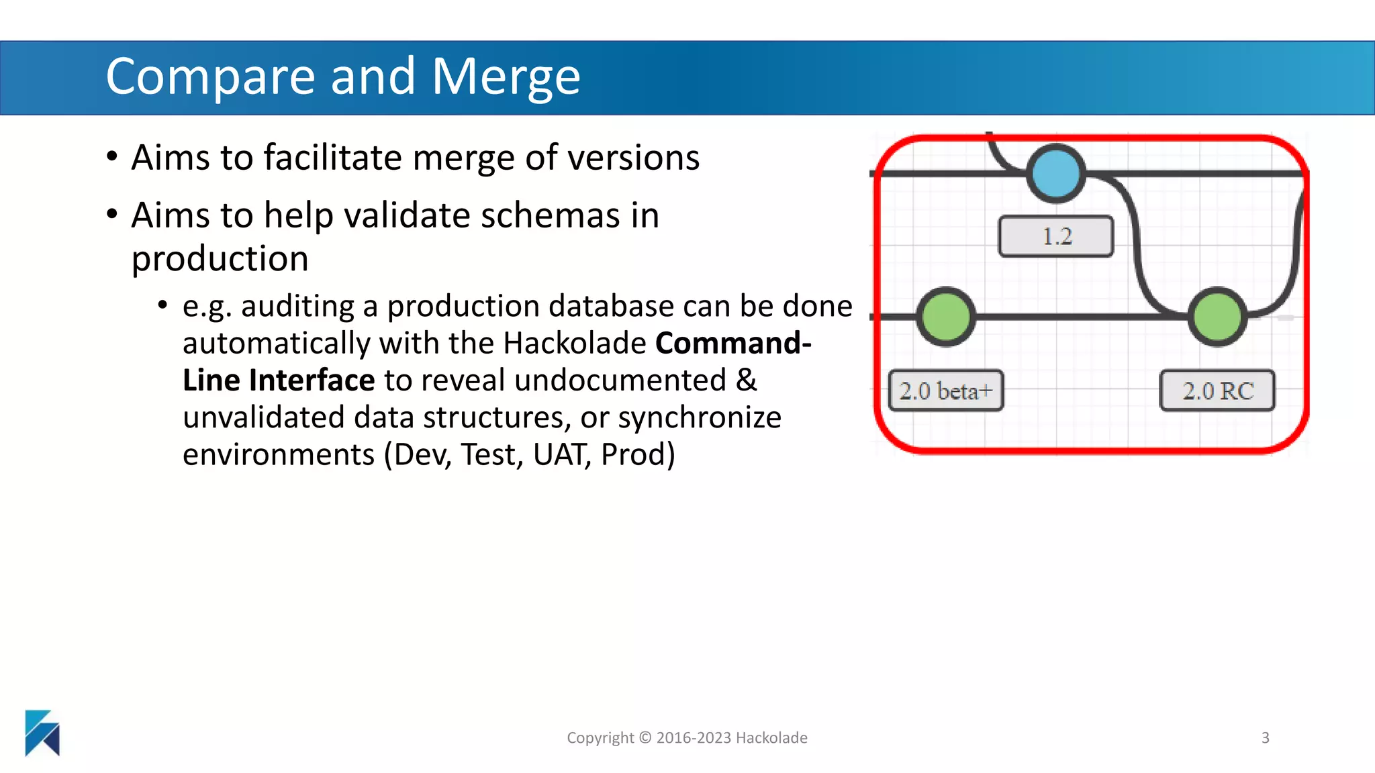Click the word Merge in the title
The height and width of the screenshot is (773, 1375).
point(506,77)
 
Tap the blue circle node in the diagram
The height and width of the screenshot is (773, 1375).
point(1056,173)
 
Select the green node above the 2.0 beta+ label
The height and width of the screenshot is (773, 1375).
point(946,317)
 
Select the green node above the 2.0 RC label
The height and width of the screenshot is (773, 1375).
point(1217,317)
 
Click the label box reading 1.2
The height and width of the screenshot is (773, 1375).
point(1056,236)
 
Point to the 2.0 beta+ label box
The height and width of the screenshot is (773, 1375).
point(946,391)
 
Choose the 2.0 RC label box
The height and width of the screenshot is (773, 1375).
point(1217,391)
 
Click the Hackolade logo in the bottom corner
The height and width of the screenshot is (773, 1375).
point(42,733)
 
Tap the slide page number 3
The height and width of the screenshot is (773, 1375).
point(1265,738)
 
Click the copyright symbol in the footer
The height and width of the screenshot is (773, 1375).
point(645,738)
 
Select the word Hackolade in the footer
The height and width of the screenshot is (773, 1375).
point(771,738)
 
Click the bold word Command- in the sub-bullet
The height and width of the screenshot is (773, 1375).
point(733,344)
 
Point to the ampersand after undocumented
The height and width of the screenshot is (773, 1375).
point(747,380)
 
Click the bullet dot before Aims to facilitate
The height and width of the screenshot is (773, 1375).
point(112,157)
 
